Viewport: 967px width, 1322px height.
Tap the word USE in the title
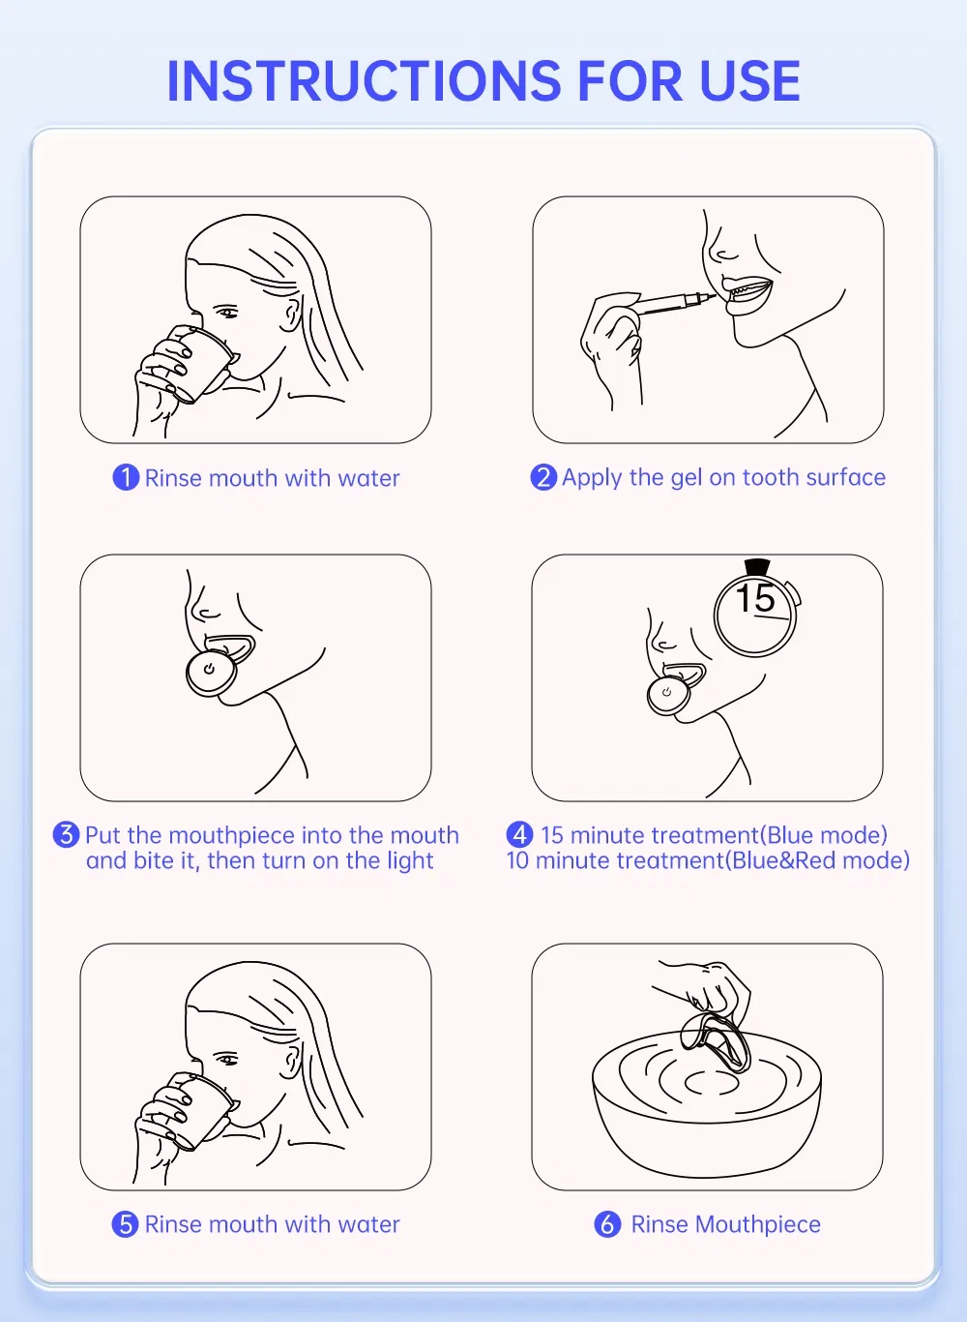(749, 80)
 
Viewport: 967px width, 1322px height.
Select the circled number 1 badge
(126, 477)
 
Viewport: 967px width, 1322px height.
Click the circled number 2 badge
(543, 477)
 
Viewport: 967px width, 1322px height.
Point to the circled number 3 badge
(66, 834)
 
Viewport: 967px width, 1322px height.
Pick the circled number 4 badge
(519, 834)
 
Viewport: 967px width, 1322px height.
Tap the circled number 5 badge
(125, 1224)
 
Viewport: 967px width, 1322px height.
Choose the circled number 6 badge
(607, 1224)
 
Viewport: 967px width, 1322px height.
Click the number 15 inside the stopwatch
(755, 597)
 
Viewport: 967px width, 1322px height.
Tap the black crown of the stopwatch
(757, 566)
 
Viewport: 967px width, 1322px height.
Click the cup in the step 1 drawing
(199, 364)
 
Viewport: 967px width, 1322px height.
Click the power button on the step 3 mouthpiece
(209, 670)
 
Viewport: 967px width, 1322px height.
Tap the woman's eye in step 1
(227, 312)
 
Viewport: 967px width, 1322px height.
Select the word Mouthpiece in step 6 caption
(758, 1224)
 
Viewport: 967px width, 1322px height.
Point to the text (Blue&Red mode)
(817, 860)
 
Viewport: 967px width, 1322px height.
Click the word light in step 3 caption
(410, 860)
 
